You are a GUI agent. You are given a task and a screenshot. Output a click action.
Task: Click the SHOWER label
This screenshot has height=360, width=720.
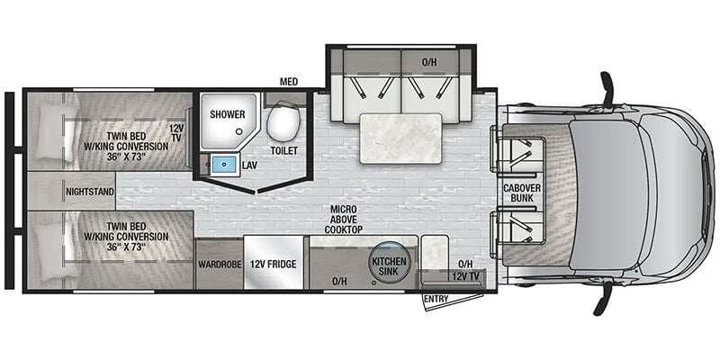point(228,114)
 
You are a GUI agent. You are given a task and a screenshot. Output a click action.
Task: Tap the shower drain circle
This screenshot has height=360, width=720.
point(238,131)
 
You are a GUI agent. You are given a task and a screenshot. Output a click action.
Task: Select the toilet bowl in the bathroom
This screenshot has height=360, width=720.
point(283,121)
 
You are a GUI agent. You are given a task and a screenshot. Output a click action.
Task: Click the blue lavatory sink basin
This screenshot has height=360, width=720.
point(224,164)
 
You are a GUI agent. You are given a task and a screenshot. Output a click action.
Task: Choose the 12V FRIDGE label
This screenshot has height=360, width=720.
point(274,265)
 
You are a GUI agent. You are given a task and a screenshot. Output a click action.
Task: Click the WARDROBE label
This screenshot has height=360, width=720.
point(218,265)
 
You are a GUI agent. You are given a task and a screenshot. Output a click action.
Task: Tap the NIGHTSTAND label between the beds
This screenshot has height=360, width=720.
point(89,192)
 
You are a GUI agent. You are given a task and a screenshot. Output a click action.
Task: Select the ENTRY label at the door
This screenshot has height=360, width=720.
point(436,299)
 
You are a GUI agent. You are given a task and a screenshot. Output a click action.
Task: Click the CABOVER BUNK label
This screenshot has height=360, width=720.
point(518,193)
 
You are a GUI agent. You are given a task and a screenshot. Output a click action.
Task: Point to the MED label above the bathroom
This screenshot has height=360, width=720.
point(289,82)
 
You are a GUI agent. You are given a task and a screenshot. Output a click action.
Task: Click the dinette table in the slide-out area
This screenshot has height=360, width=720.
point(400,139)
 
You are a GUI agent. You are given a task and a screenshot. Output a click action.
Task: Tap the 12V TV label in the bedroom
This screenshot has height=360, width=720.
point(176,133)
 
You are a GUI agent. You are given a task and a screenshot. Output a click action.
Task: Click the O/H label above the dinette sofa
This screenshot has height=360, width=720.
point(429,62)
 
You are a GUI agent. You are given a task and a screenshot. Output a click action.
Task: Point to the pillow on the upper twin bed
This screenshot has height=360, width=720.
point(51,131)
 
